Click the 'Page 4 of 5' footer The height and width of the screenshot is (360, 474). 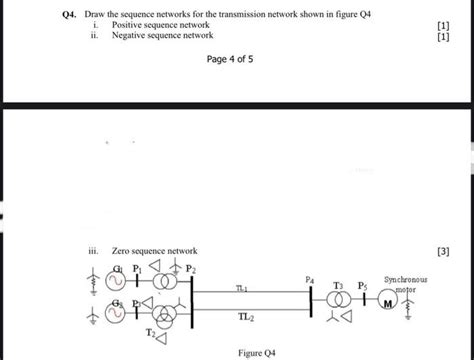229,59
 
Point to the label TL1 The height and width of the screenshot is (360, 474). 241,288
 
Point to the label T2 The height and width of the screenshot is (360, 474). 150,331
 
